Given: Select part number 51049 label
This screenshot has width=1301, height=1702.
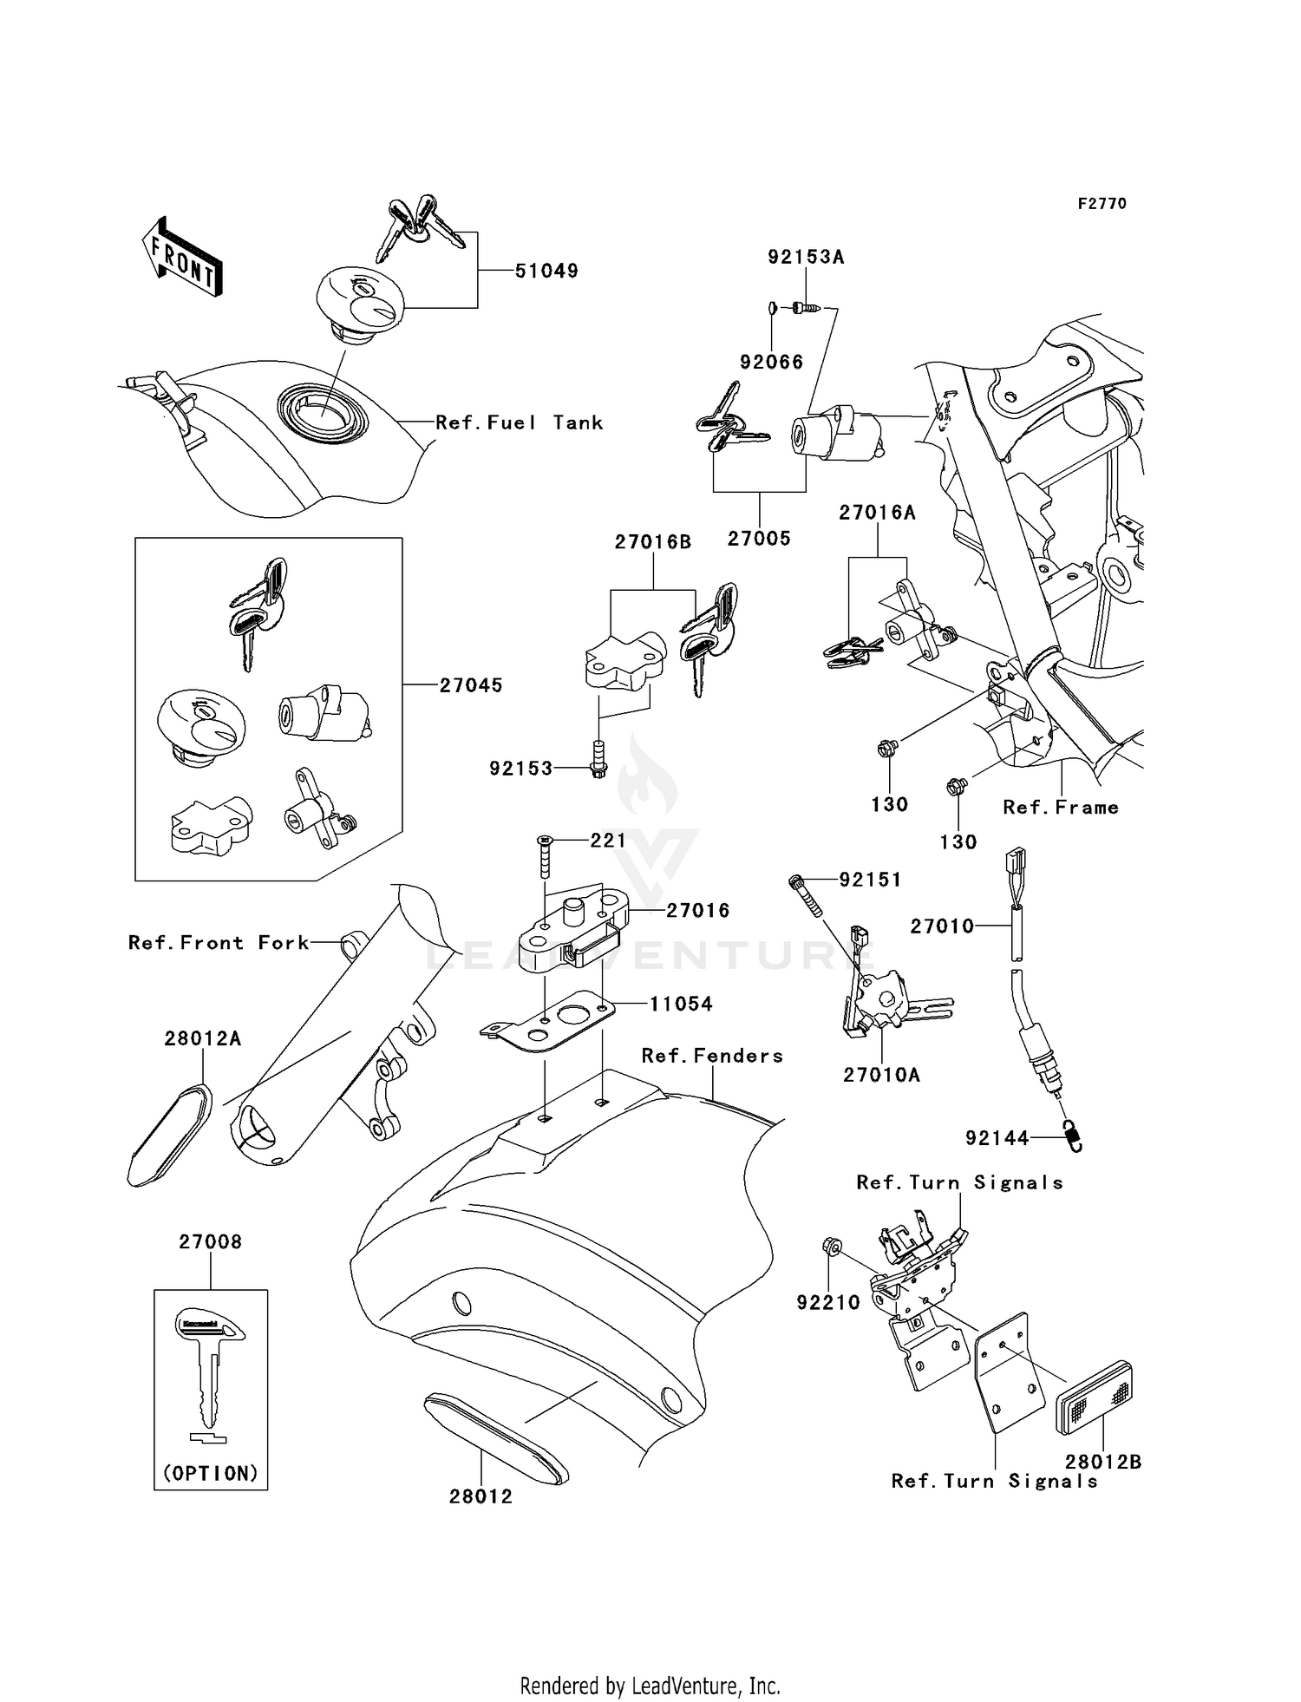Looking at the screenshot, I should [x=546, y=271].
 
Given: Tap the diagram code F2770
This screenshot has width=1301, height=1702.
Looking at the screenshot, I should [x=1102, y=204].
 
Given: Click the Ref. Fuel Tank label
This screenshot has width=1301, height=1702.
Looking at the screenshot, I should [x=519, y=422].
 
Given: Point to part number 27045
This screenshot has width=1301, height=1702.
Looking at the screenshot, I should [x=470, y=685].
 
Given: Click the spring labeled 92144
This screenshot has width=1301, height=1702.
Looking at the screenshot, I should [x=1074, y=1136].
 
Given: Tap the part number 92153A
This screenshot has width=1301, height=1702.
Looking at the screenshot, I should [x=806, y=257].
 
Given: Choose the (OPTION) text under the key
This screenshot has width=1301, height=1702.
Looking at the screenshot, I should [x=211, y=1473].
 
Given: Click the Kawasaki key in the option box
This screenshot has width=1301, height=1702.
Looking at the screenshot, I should [x=209, y=1373].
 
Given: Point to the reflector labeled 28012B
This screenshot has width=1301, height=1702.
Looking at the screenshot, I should [x=1094, y=1398].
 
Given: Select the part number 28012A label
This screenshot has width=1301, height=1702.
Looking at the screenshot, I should [x=203, y=1038].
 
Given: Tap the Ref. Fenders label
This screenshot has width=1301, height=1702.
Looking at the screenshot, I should [x=712, y=1056].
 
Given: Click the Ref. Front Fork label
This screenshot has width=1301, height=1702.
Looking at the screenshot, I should [x=219, y=943].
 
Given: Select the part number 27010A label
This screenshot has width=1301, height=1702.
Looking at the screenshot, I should [x=881, y=1075].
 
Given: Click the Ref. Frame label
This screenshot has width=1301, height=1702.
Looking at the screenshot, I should [x=1060, y=808].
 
